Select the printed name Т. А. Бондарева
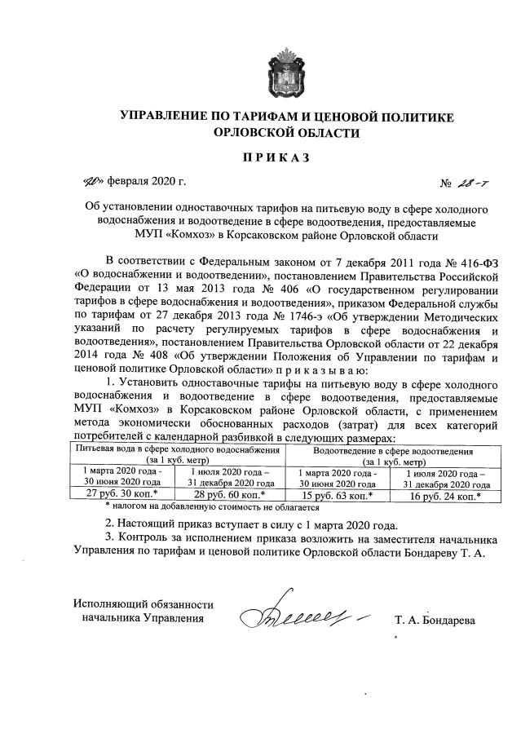pos(435,620)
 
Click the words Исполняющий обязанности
pos(143,604)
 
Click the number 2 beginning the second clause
pos(110,525)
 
